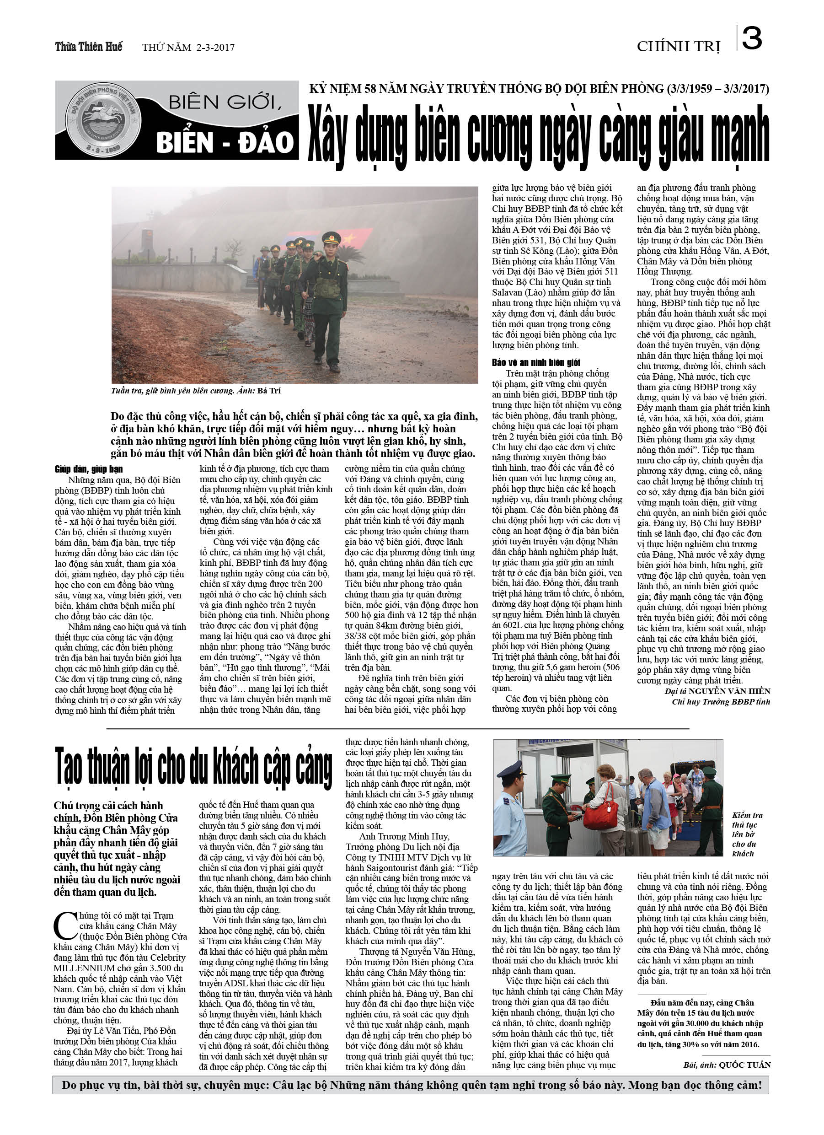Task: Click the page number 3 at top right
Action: coord(752,38)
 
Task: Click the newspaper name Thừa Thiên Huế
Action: coord(89,47)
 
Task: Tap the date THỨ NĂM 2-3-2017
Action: coord(188,48)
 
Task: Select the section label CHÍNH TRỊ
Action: coord(678,47)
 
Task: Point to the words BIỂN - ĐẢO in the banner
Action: coord(224,142)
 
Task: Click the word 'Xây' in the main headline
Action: coord(327,136)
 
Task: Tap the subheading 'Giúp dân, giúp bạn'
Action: coord(89,469)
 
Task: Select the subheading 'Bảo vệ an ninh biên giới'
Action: coord(536,362)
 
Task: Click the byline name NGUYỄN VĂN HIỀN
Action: coord(729,691)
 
